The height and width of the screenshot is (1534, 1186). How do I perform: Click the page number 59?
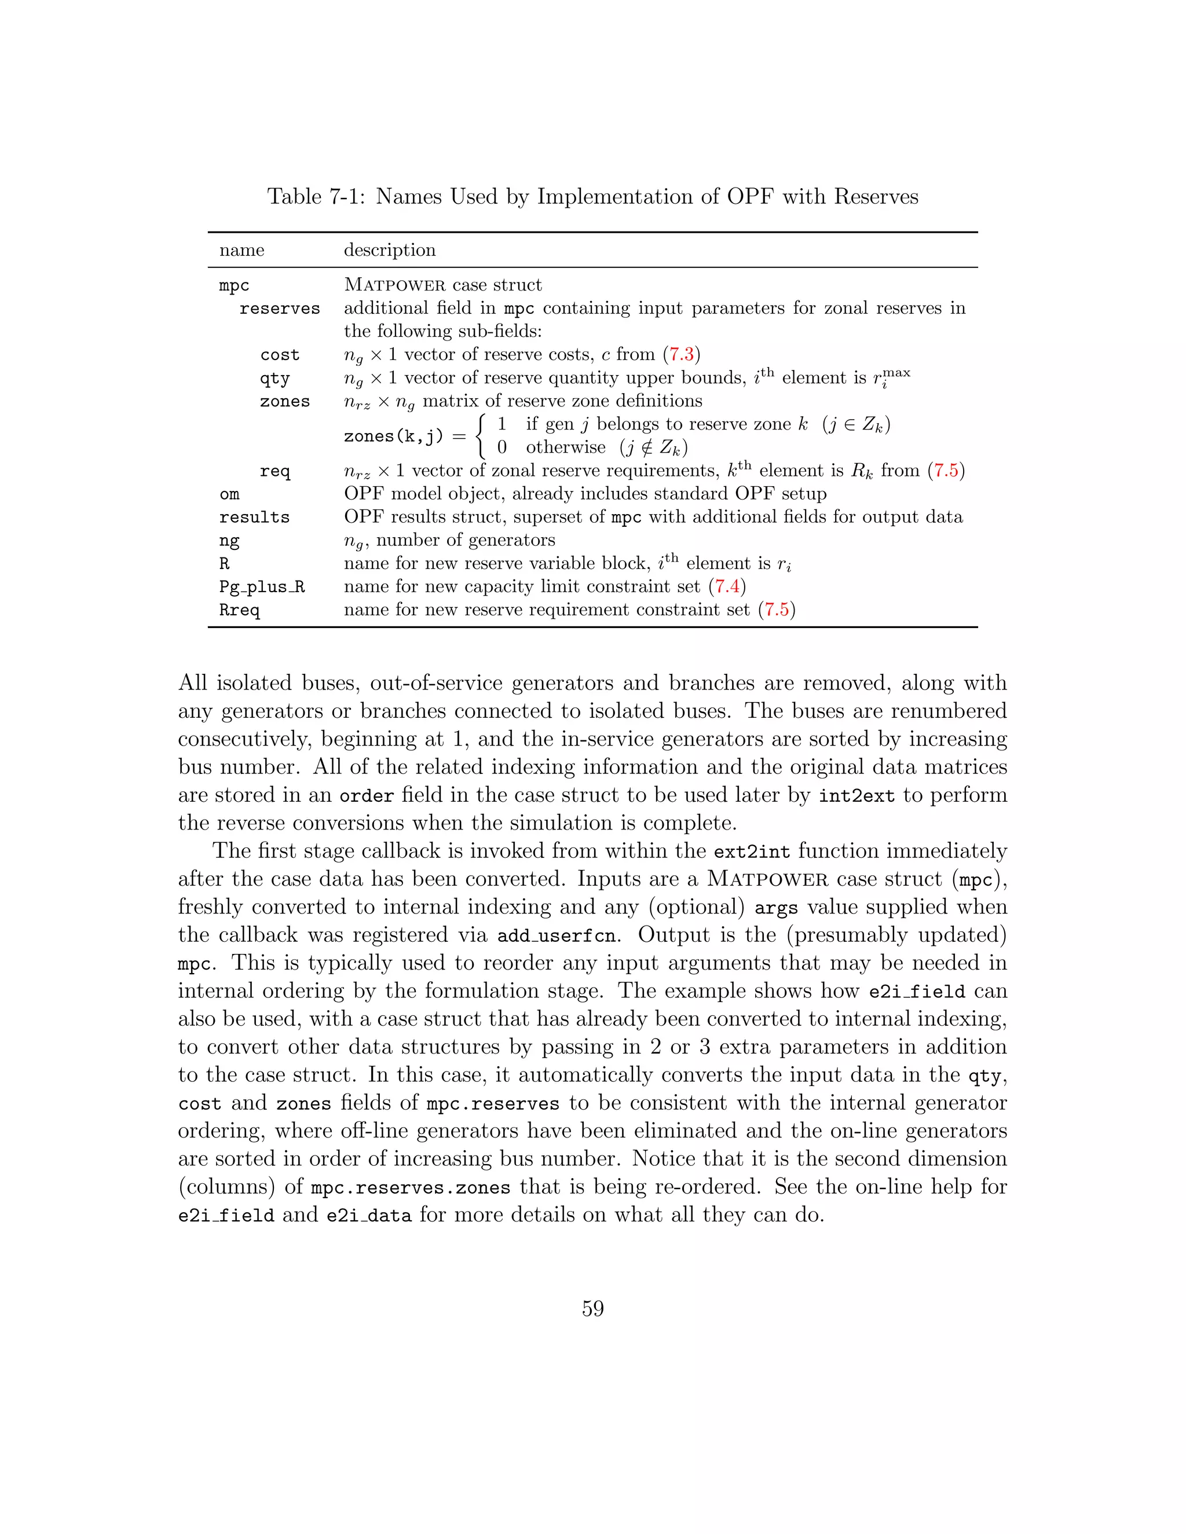point(592,1309)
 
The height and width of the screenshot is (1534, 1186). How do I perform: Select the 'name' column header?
point(241,250)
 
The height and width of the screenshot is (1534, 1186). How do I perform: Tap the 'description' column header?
point(389,250)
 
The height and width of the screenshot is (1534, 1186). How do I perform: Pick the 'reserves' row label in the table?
point(280,309)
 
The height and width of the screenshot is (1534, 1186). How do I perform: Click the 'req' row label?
point(274,471)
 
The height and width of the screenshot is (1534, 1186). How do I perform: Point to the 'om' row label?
point(229,494)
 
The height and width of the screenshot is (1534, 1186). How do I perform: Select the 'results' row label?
point(254,518)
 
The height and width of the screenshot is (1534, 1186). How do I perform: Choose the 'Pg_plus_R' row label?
point(262,587)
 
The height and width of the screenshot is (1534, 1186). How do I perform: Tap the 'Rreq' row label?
point(240,610)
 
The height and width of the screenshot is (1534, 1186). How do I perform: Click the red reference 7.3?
point(682,355)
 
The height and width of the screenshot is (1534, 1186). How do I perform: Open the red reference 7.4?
point(727,586)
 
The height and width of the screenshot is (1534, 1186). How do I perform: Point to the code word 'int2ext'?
point(856,796)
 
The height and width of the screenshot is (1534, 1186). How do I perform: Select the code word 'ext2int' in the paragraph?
point(752,852)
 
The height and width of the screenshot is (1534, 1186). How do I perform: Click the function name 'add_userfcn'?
point(555,935)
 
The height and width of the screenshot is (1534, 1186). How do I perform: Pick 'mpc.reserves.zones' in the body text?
point(411,1188)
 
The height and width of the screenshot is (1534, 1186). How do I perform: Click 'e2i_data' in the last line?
point(369,1216)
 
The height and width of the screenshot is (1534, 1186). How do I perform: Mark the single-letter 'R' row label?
point(224,564)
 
